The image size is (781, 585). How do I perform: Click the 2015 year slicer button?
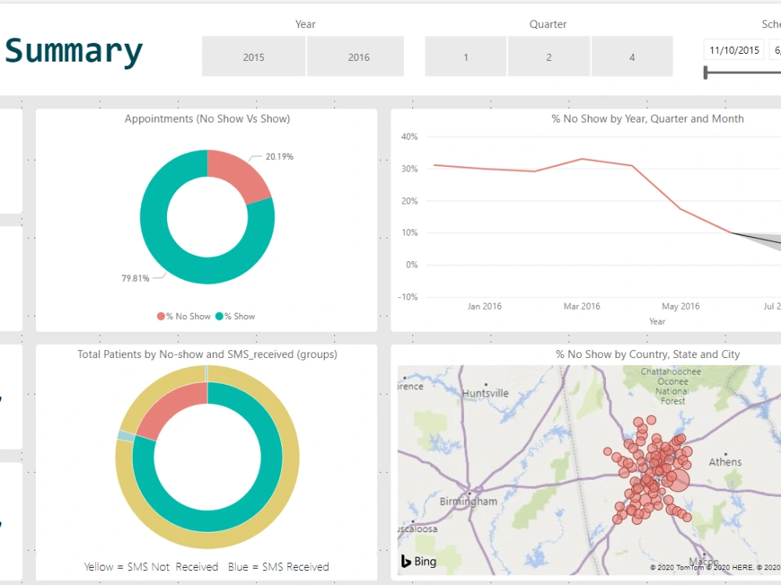tap(254, 57)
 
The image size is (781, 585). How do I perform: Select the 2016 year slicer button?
tap(358, 57)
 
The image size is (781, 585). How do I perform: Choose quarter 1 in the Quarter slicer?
tap(466, 57)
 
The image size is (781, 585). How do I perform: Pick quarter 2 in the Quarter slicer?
tap(549, 57)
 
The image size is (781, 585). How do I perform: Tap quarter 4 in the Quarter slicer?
tap(632, 57)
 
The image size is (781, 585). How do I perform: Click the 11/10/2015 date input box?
tap(734, 51)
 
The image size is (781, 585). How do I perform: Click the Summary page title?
tap(74, 51)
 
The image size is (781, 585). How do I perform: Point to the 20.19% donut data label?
tap(279, 157)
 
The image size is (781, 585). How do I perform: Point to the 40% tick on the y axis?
tap(410, 136)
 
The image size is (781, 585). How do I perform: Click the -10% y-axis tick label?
tap(408, 297)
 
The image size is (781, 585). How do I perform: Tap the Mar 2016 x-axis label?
tap(582, 307)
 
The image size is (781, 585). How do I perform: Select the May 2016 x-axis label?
tap(680, 307)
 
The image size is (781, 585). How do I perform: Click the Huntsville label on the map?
tap(485, 393)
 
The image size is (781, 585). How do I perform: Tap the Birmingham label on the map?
tap(468, 502)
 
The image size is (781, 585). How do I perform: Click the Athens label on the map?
tap(725, 462)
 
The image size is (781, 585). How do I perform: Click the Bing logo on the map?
tap(419, 562)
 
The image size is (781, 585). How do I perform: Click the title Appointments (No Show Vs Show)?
tap(207, 119)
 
